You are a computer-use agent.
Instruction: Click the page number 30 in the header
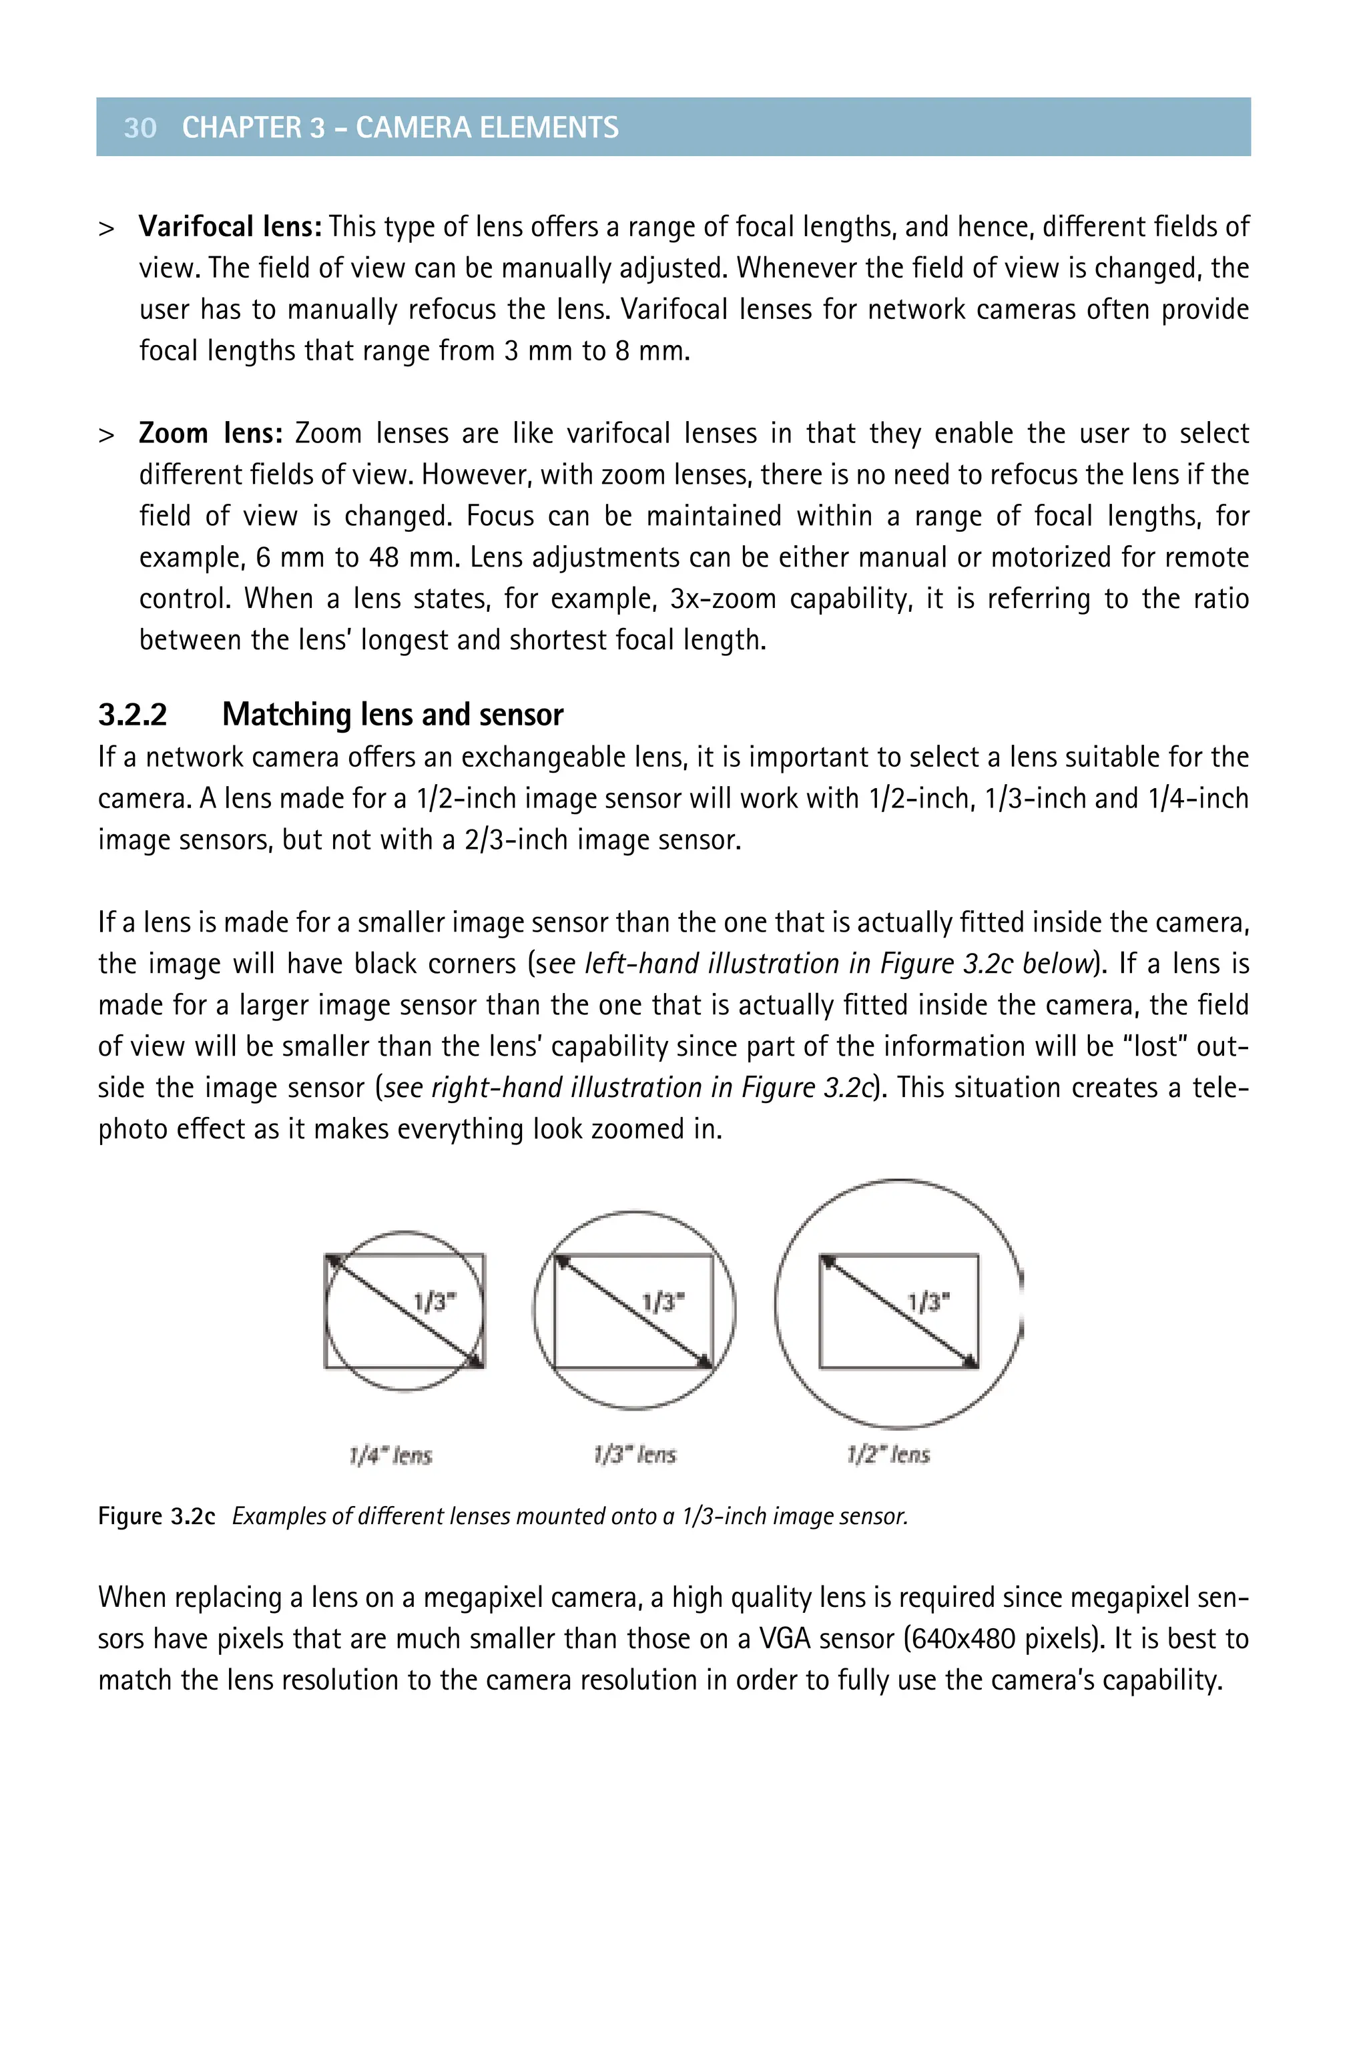(x=140, y=127)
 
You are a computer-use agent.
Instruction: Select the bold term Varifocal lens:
(x=230, y=227)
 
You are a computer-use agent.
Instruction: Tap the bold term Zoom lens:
(x=210, y=433)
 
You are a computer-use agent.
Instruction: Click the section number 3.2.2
(x=133, y=715)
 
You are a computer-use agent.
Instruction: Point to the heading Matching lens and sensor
(x=392, y=715)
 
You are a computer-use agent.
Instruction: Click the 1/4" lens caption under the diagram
(x=390, y=1455)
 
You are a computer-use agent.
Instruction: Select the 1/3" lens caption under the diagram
(x=635, y=1455)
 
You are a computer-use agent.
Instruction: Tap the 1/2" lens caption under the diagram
(x=888, y=1455)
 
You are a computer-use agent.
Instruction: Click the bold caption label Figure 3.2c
(x=156, y=1517)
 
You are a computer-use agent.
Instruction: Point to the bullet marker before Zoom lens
(x=106, y=435)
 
